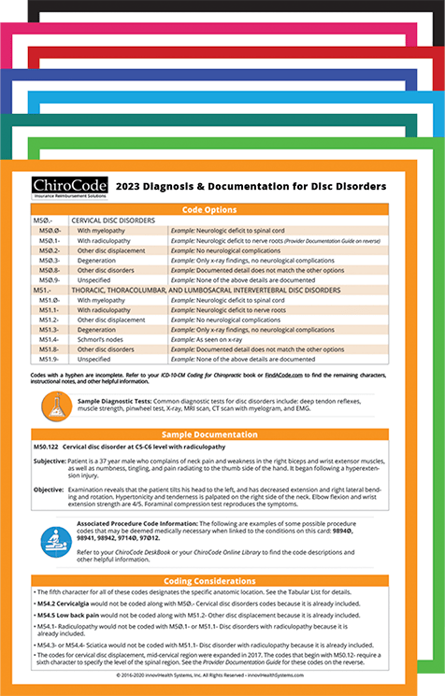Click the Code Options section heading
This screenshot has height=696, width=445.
click(x=222, y=211)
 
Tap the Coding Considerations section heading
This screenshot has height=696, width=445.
click(x=222, y=580)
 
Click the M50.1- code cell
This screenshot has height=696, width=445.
click(x=50, y=240)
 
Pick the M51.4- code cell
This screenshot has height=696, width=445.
click(x=48, y=337)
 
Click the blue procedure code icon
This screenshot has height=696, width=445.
click(x=56, y=542)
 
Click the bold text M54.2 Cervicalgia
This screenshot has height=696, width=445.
click(x=68, y=603)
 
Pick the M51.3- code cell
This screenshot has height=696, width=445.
click(x=48, y=328)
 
